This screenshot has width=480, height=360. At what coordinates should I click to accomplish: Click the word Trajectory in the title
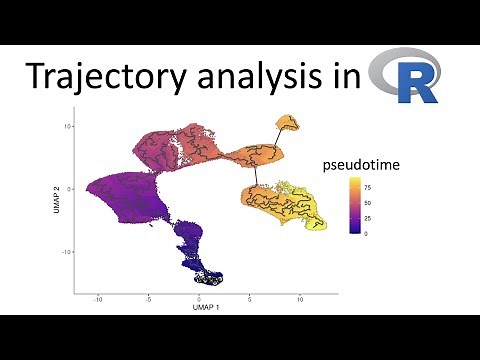click(101, 78)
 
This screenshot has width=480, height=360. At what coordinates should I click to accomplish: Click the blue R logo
click(405, 78)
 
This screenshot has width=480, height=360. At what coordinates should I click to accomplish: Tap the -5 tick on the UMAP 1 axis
click(147, 298)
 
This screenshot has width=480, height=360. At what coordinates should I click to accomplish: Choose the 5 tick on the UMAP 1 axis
click(251, 298)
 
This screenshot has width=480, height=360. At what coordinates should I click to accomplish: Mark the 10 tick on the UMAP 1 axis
click(302, 298)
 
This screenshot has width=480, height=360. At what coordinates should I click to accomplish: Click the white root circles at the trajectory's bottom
click(209, 276)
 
